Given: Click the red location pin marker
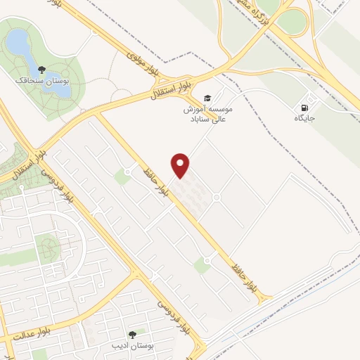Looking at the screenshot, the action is pos(181,165).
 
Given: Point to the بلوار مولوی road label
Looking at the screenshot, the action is pos(145,62).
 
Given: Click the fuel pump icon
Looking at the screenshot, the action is pos(304,108).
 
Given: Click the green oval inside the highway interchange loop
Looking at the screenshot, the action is pos(290,22).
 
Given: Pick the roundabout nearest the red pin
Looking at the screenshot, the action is pos(217,198).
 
